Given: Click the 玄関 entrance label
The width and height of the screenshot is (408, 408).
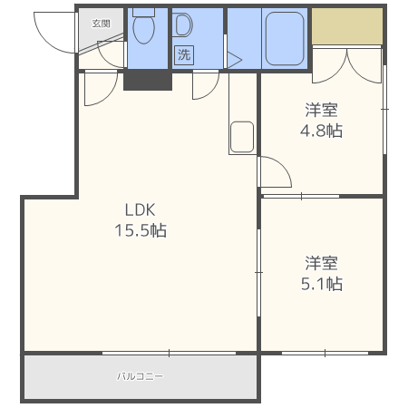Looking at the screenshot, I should [x=101, y=24].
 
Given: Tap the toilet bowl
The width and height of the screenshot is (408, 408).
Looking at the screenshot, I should [x=143, y=31].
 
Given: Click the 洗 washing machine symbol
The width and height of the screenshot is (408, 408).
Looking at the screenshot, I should [x=184, y=54].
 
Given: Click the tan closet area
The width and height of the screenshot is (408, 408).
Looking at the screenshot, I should [x=346, y=28].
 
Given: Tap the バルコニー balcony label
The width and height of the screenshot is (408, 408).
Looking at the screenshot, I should [x=140, y=375].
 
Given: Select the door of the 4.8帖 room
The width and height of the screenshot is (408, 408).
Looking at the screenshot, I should [x=274, y=172].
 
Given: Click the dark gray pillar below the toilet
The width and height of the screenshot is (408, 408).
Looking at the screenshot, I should [x=147, y=80].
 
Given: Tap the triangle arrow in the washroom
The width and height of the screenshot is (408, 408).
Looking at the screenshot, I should [x=234, y=61].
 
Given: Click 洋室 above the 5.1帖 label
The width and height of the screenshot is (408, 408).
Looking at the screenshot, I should [x=322, y=264].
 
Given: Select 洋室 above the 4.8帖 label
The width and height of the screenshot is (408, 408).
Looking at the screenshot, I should [x=322, y=110].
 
